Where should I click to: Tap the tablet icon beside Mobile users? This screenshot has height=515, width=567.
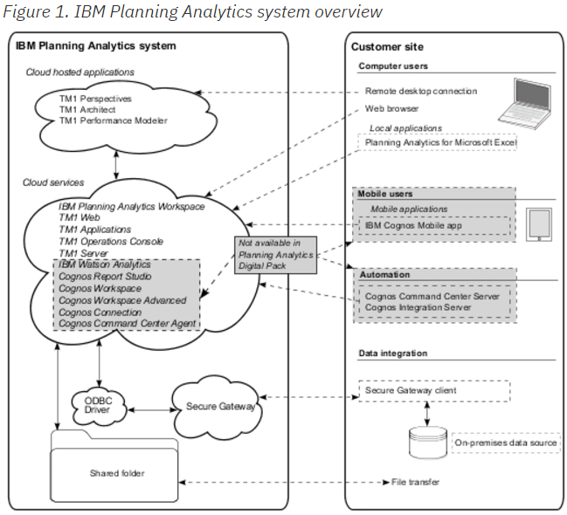(x=540, y=224)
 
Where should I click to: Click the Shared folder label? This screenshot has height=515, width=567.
(x=116, y=473)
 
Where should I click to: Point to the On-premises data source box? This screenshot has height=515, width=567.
(x=506, y=443)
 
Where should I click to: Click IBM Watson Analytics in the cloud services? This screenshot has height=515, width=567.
(x=104, y=264)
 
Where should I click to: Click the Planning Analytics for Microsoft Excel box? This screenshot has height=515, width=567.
(x=440, y=141)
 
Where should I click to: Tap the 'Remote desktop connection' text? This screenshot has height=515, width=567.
(x=421, y=91)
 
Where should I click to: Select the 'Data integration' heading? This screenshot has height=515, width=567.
(x=393, y=354)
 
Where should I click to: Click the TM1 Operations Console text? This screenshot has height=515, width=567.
(x=111, y=241)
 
